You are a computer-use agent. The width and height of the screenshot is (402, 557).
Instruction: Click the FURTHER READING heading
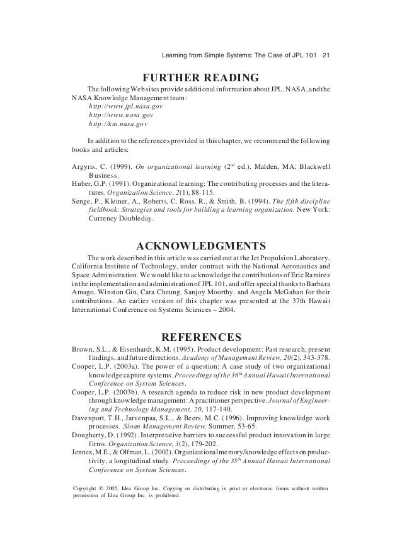[201, 78]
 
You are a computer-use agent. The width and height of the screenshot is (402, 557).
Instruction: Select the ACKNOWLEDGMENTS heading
[201, 245]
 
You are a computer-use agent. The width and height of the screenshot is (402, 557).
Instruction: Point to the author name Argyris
[81, 167]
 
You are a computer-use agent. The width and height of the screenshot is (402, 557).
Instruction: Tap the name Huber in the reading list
[78, 185]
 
